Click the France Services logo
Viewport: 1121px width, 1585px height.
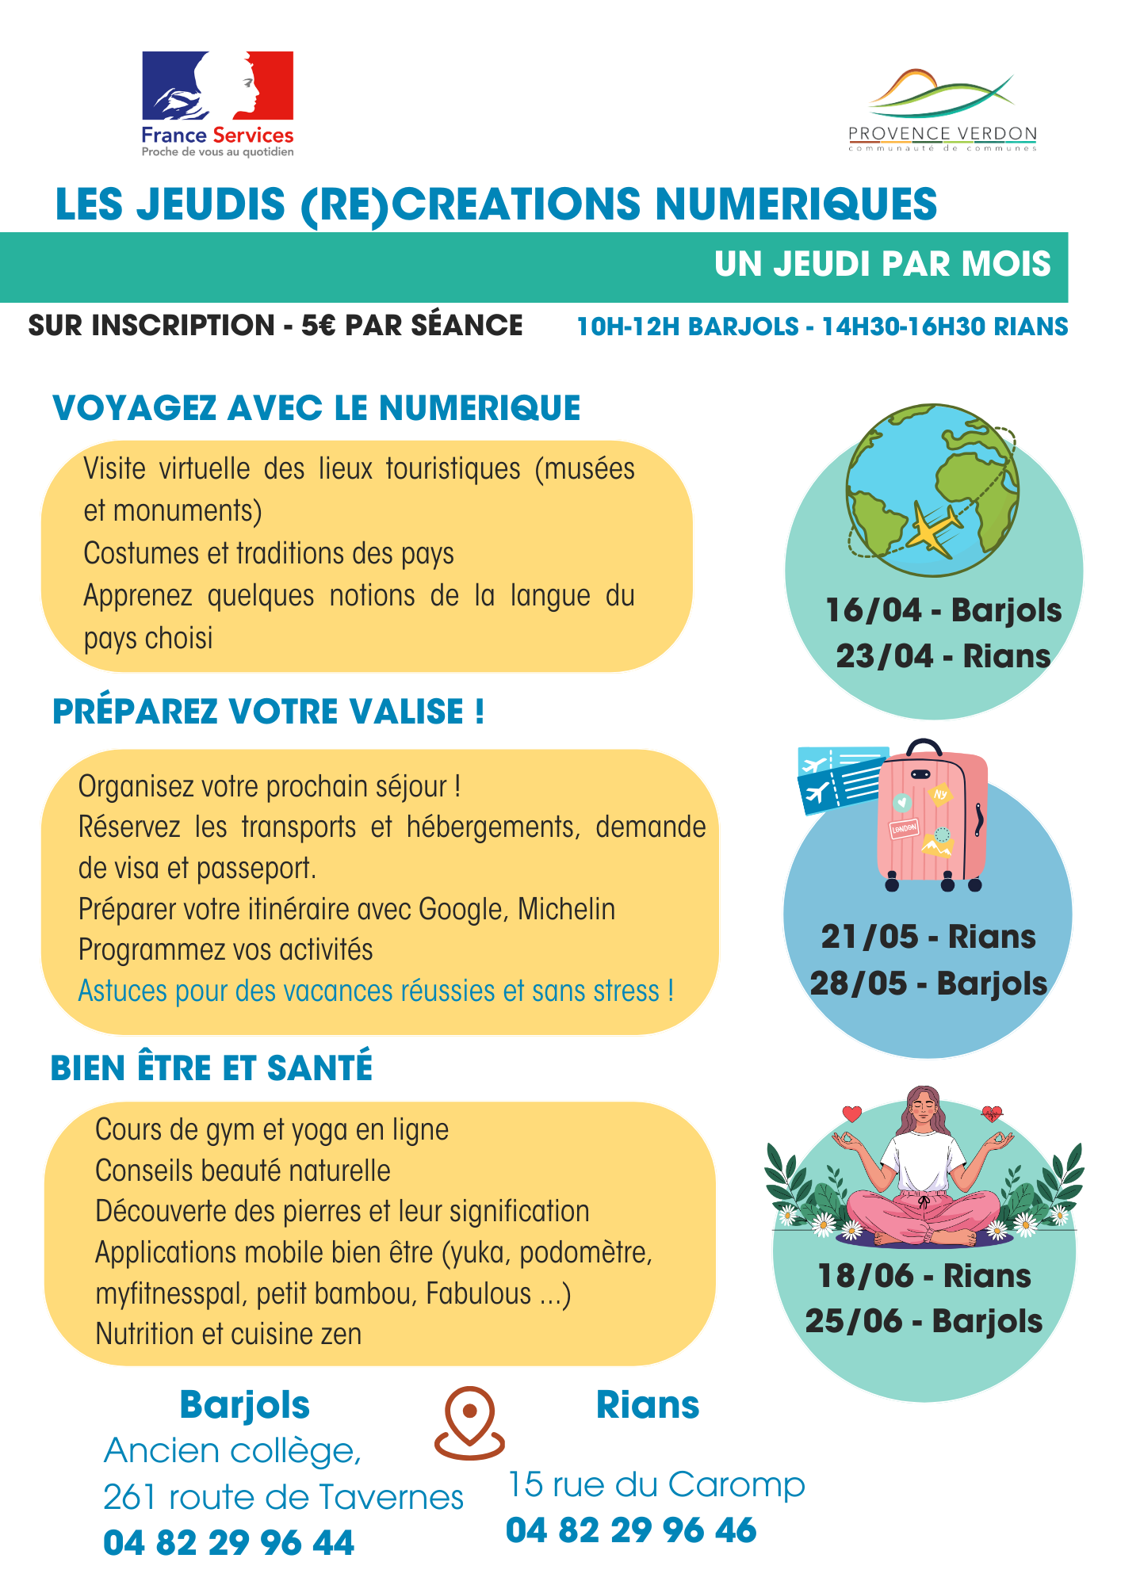tap(217, 103)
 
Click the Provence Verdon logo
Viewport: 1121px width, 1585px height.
tap(942, 111)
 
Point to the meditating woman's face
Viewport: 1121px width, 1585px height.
tap(924, 1108)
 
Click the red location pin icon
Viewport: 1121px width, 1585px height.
tap(469, 1423)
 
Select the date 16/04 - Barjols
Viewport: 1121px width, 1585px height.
tap(943, 610)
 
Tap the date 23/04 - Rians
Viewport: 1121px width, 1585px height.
tap(943, 656)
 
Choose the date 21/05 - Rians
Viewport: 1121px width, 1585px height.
tap(928, 937)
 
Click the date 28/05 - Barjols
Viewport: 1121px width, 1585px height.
tap(928, 983)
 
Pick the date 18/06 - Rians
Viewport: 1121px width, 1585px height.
tap(924, 1276)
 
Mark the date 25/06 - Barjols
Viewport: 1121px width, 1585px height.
tap(924, 1321)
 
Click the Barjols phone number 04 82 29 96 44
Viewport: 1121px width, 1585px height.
tap(229, 1543)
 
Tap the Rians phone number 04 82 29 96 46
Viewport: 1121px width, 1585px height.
tap(631, 1530)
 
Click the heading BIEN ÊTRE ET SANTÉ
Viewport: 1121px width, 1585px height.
tap(212, 1067)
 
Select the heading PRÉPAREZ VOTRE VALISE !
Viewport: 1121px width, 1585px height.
tap(268, 712)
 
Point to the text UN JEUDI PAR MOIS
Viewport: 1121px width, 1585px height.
tap(882, 265)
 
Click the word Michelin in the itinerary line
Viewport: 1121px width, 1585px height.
tap(566, 909)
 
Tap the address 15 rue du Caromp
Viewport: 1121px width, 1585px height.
tap(656, 1484)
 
